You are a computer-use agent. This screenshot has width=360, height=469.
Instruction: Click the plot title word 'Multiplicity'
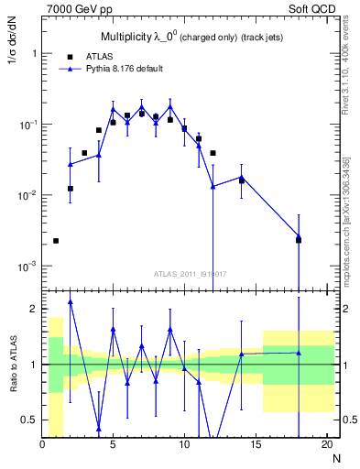pos(125,38)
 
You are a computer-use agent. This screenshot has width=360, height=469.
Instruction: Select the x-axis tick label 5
pos(113,445)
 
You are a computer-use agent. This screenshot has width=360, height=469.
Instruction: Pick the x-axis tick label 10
pos(184,445)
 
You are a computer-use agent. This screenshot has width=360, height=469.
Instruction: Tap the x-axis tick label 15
pos(256,445)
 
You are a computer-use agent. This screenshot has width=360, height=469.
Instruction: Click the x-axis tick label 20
pos(326,445)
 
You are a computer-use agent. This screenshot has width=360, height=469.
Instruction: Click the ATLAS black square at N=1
pos(56,241)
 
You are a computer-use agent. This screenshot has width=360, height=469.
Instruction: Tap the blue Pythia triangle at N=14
pos(242,177)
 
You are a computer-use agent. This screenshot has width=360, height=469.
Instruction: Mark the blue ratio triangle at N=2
pos(71,301)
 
